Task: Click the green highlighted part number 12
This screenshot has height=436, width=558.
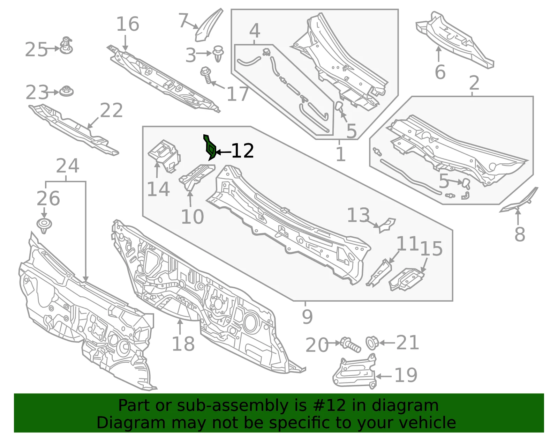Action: pyautogui.click(x=210, y=148)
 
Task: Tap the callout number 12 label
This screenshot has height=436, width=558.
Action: pyautogui.click(x=242, y=151)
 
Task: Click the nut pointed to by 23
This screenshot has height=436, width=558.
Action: pyautogui.click(x=67, y=91)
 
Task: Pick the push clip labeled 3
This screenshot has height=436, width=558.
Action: pyautogui.click(x=218, y=54)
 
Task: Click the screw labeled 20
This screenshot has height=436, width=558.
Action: pyautogui.click(x=350, y=345)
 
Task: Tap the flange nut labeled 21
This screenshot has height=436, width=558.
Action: pyautogui.click(x=372, y=343)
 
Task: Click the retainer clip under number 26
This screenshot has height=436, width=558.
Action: pyautogui.click(x=44, y=225)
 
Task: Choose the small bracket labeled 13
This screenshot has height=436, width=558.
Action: pyautogui.click(x=387, y=225)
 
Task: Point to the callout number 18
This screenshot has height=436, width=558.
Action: pyautogui.click(x=183, y=344)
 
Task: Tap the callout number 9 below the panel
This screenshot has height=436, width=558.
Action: pyautogui.click(x=307, y=317)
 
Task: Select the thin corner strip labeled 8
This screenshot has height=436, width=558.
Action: pyautogui.click(x=519, y=201)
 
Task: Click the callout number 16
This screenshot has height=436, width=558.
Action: pyautogui.click(x=128, y=24)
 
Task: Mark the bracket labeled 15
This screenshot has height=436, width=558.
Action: pyautogui.click(x=406, y=279)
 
